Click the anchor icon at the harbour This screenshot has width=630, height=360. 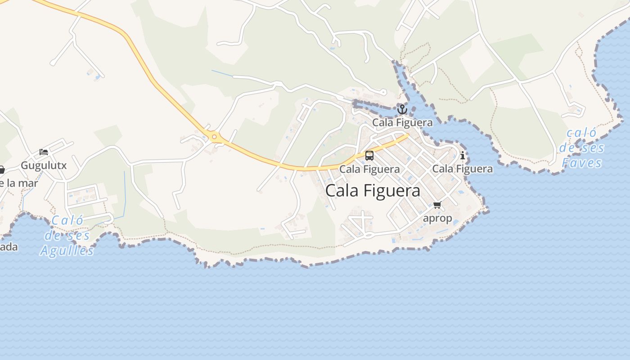click(x=402, y=109)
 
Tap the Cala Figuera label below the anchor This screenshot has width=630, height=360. click(x=402, y=122)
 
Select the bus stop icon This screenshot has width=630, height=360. click(x=369, y=156)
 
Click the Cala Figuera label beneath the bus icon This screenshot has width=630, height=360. click(x=369, y=169)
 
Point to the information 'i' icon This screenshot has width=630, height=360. click(x=462, y=156)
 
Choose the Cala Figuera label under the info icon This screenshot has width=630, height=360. click(x=462, y=169)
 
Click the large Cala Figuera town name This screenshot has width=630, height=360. click(x=373, y=190)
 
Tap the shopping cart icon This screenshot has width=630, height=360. click(x=437, y=205)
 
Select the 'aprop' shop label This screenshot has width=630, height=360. click(x=437, y=218)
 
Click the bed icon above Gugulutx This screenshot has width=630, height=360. click(x=44, y=152)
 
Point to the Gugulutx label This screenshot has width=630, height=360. click(x=44, y=165)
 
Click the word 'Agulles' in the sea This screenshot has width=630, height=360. click(x=67, y=251)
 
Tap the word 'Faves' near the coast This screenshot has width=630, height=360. click(x=582, y=162)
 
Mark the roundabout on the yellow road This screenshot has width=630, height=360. click(x=214, y=137)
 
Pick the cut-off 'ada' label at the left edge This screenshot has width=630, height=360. click(x=9, y=247)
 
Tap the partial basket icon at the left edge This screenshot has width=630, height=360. click(x=2, y=170)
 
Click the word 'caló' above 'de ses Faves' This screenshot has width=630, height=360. click(x=581, y=133)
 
